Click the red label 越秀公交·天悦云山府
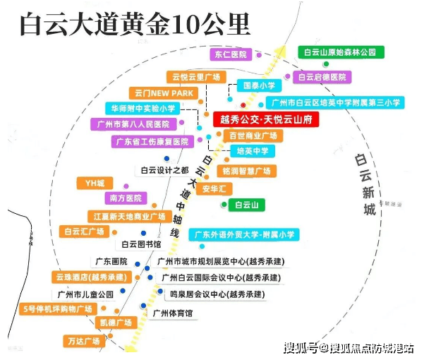266,119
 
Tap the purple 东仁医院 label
231,54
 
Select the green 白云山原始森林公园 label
341,52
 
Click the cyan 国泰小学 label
259,85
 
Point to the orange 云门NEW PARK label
164,93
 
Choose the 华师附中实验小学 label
143,109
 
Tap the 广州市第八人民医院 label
133,124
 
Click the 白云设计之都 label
164,170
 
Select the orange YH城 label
95,184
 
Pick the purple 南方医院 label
126,198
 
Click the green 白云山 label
246,205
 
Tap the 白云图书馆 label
141,244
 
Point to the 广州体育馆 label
173,313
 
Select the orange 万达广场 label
84,341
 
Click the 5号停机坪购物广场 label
58,309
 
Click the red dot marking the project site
243,105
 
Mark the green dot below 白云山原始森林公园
326,64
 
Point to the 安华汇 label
214,188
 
